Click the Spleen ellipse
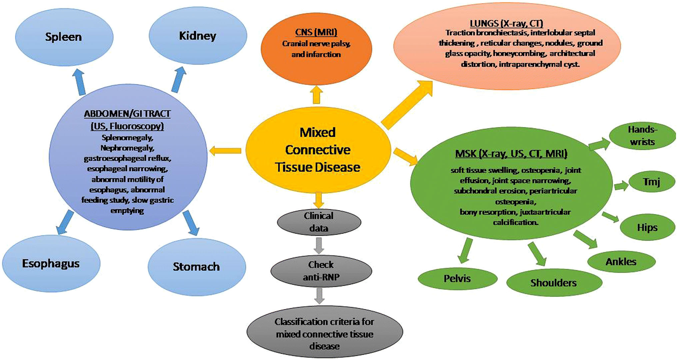64,37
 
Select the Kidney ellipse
198,36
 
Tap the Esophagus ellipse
51,264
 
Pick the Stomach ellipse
197,267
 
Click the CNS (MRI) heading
316,32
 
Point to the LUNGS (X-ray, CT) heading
506,24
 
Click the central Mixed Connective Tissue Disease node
318,150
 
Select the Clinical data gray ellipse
319,222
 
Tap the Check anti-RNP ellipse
321,271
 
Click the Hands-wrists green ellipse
642,136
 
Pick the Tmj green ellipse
651,182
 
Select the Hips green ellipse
647,228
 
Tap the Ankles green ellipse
621,262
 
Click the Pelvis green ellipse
457,279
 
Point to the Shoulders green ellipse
554,283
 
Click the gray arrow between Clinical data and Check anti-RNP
319,246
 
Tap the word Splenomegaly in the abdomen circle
127,138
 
